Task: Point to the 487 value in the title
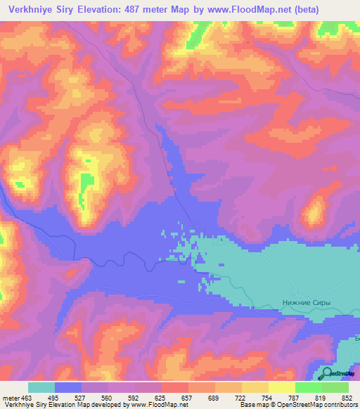click(152, 10)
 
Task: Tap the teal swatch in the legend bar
click(41, 387)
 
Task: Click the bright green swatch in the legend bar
click(309, 387)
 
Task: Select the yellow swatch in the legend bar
click(255, 387)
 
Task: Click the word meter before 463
click(11, 397)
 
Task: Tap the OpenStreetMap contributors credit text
click(321, 405)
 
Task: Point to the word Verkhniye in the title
click(30, 10)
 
